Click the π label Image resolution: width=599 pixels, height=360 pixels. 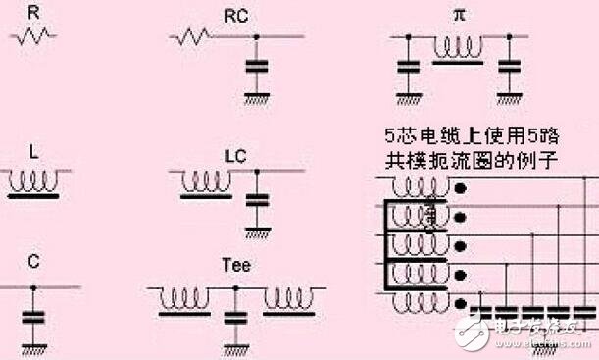(458, 15)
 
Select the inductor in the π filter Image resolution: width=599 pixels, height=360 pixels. (458, 45)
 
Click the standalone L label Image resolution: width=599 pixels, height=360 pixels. (34, 153)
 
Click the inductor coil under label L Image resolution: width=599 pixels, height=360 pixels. (36, 181)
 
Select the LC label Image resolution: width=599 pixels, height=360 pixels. (235, 155)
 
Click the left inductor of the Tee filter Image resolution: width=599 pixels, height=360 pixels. (186, 295)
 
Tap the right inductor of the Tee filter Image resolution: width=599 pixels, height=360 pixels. (286, 295)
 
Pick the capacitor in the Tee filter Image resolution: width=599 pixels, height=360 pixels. (235, 319)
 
